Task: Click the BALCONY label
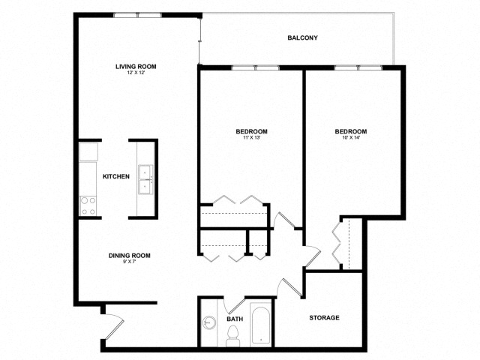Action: coord(302,37)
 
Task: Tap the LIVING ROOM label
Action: coord(136,66)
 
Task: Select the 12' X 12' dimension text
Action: coord(136,73)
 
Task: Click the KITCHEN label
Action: coord(116,177)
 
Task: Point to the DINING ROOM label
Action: coord(130,256)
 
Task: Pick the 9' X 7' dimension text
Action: coord(130,263)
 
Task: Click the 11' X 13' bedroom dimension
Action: coord(251,139)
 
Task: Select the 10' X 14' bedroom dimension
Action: coord(351,139)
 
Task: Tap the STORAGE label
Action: coord(325,318)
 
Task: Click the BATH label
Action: coord(235,319)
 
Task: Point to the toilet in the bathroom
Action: coord(232,338)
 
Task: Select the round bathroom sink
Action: coord(208,323)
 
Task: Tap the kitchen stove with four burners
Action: coord(88,205)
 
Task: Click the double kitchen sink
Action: coord(145,181)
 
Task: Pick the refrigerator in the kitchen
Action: coord(89,152)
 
